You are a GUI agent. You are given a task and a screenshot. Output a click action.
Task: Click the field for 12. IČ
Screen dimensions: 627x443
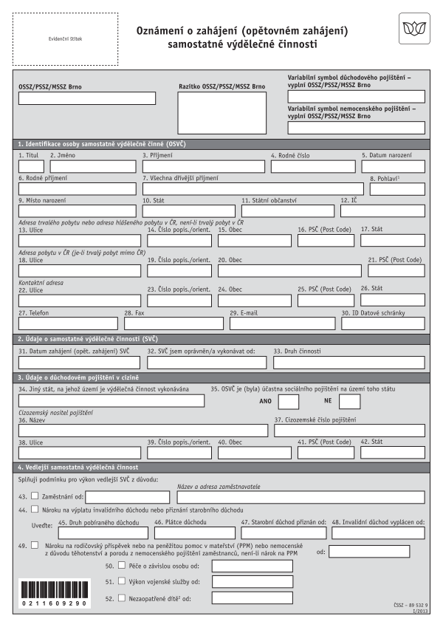[382, 211]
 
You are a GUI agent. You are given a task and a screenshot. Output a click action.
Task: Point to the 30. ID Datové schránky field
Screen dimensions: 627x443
[382, 323]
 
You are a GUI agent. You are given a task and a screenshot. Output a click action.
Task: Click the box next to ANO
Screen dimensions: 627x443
[288, 401]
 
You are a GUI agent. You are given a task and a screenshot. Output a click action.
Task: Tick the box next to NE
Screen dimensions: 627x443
[349, 401]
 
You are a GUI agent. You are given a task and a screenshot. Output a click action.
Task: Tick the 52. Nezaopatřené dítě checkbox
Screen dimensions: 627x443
[122, 597]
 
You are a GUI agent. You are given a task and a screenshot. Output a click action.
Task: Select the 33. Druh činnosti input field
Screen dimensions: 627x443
[348, 363]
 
